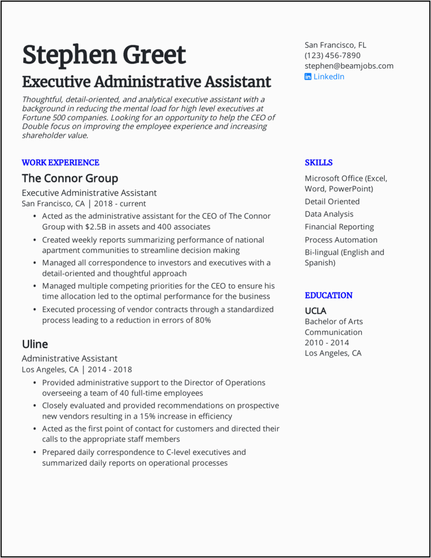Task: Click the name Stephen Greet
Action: pos(104,55)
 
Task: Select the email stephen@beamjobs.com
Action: pos(349,66)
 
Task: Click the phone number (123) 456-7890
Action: pos(332,55)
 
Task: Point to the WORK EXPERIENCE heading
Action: pos(60,162)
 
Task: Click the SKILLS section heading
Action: pos(318,162)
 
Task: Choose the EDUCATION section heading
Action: pos(329,295)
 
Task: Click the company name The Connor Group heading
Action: pos(69,178)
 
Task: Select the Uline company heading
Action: pos(34,344)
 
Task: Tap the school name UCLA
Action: pos(315,311)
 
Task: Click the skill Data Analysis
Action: pos(329,214)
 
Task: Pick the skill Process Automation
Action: pos(341,240)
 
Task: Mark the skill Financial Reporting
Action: pos(339,227)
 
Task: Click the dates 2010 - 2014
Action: pos(326,343)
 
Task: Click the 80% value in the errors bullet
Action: pos(203,320)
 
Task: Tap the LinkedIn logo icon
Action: pos(308,77)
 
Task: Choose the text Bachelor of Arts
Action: pos(333,322)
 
